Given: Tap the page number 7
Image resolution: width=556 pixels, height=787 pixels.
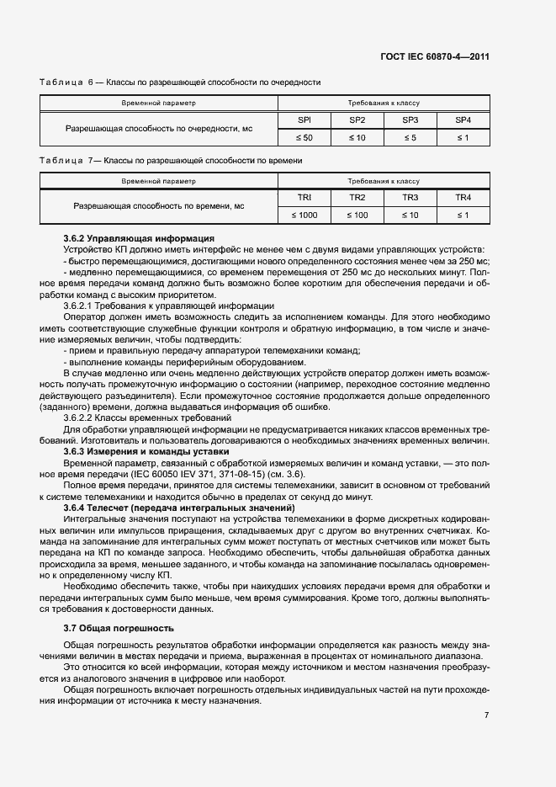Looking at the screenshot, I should click(x=486, y=715).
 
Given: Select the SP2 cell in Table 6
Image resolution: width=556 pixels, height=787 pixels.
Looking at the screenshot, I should click(x=357, y=120).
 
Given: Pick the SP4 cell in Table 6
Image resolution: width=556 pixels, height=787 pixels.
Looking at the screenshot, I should click(x=462, y=120).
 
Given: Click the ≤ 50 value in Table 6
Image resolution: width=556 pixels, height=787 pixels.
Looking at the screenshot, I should click(x=304, y=137).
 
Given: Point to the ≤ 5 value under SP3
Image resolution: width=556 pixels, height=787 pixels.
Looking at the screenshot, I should click(x=410, y=137).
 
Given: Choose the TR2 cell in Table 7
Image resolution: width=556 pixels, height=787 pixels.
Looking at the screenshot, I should click(x=357, y=198).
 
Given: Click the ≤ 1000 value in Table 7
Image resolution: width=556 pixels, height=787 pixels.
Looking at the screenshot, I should click(x=304, y=215).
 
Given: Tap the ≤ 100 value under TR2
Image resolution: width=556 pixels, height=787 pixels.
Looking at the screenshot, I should click(x=357, y=215).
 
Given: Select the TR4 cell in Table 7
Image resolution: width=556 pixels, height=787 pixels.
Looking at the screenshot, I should click(x=462, y=198).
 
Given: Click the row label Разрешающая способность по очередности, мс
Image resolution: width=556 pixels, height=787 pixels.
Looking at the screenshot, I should click(x=159, y=129).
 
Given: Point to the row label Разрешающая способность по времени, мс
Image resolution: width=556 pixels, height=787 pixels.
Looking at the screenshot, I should click(x=159, y=206).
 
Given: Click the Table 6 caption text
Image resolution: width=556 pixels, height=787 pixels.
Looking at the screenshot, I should click(x=180, y=82).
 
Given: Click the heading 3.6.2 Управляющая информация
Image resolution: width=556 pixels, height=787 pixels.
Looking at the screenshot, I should click(x=139, y=240).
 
